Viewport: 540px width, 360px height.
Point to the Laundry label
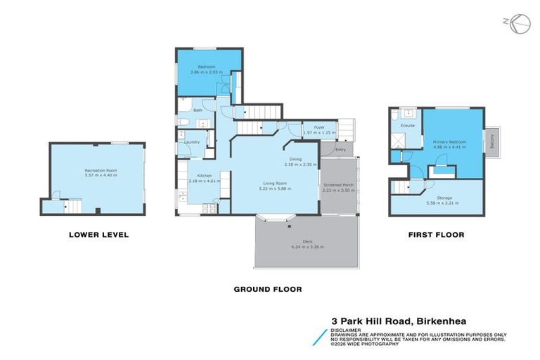point(193,143)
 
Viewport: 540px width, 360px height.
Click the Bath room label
point(198,110)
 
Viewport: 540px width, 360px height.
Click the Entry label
point(341,149)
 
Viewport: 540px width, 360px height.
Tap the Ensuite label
point(407,126)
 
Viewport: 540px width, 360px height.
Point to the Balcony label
point(492,141)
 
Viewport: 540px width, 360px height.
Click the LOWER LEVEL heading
point(98,234)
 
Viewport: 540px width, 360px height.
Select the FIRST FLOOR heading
point(435,234)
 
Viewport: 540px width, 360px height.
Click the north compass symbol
point(518,22)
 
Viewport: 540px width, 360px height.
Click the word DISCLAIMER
point(347,328)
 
